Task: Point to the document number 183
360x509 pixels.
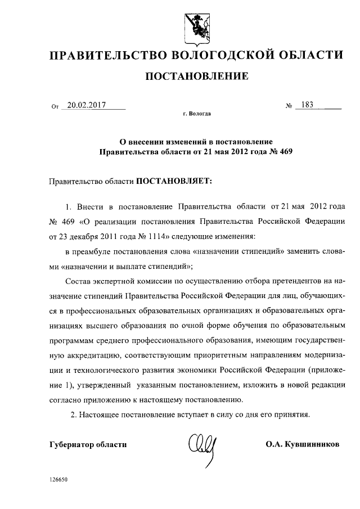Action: tap(308, 105)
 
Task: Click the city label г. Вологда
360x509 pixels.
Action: tap(197, 114)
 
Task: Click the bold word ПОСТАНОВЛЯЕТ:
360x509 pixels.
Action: tap(172, 182)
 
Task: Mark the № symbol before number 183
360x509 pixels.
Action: tap(289, 105)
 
